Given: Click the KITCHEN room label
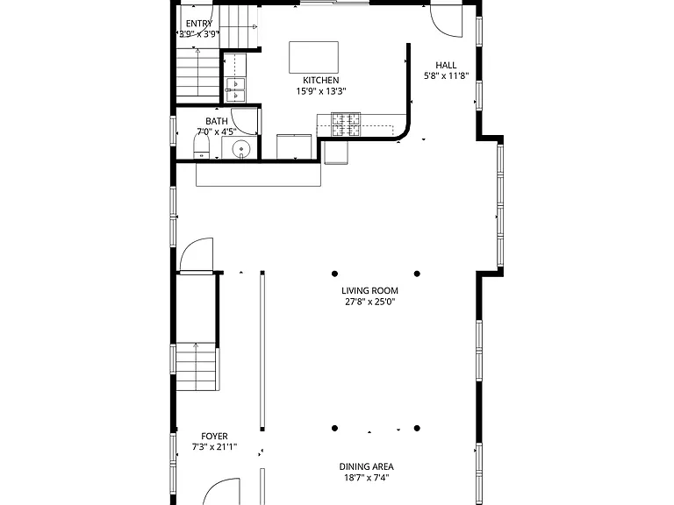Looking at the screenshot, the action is tap(320, 81).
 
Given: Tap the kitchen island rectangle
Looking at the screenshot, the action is tap(314, 58).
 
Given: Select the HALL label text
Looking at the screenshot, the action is tap(446, 65).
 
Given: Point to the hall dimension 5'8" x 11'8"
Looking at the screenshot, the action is tap(446, 76).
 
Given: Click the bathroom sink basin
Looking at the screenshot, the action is tap(241, 149).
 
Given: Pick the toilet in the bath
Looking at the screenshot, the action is tap(201, 146).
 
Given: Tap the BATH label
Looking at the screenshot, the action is tap(217, 122).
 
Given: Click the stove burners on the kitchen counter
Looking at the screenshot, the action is tap(346, 124).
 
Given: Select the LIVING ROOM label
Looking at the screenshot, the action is tap(369, 291).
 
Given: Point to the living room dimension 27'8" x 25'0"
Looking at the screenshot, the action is tap(369, 302).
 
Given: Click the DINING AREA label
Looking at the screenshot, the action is tap(366, 466).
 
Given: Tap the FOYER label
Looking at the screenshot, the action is tap(214, 437).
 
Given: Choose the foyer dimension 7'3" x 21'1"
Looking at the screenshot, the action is tap(214, 447).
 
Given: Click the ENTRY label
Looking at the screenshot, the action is tap(199, 24).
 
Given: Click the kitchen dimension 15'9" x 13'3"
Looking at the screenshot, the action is tap(320, 91).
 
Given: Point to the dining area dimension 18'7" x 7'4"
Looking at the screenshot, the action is tap(366, 478).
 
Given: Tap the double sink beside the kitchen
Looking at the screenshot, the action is tap(235, 89).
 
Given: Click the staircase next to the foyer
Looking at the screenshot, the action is tap(196, 366).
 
